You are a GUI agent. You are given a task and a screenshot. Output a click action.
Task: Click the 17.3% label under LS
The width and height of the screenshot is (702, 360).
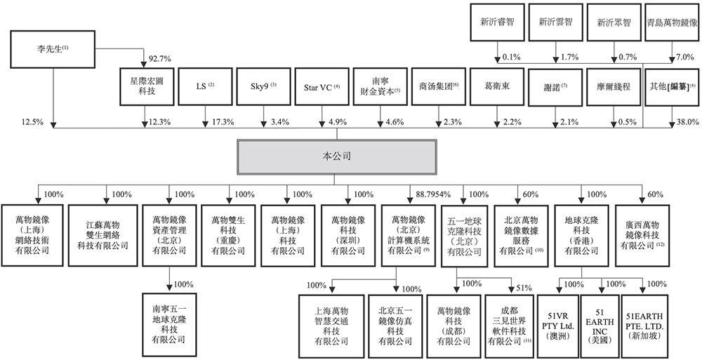222,122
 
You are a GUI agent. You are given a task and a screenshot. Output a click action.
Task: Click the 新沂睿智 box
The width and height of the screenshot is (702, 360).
497,22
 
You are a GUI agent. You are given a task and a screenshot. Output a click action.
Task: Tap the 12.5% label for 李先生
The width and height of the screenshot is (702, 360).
33,122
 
